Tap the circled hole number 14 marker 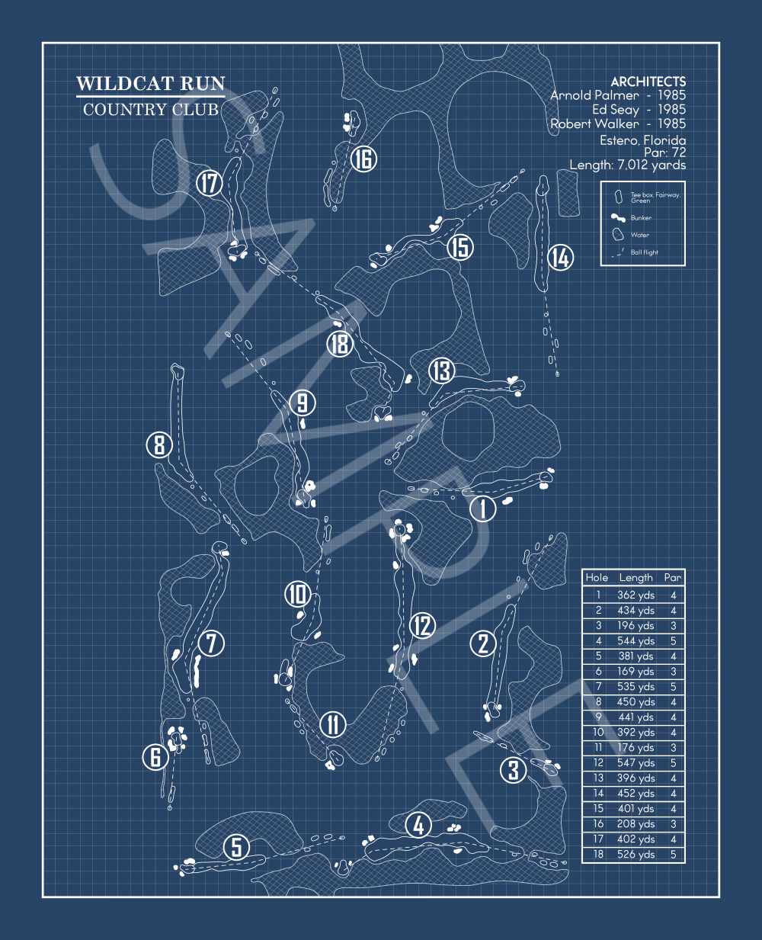[x=560, y=258]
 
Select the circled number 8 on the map [x=158, y=444]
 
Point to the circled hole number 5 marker [x=237, y=847]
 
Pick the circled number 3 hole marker [x=513, y=770]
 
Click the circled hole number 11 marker [x=333, y=723]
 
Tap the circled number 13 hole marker [x=441, y=371]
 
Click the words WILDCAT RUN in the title [x=151, y=84]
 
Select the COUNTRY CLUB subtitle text [x=150, y=110]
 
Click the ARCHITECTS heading [x=648, y=82]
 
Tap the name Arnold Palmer [x=595, y=95]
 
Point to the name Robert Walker [x=595, y=124]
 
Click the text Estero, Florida [x=642, y=140]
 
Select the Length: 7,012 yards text [x=628, y=165]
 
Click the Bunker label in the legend [x=641, y=218]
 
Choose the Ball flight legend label [x=644, y=252]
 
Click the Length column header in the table [x=636, y=578]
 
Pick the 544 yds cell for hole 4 [x=636, y=641]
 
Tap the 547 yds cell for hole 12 [x=636, y=763]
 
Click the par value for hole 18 [x=673, y=855]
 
